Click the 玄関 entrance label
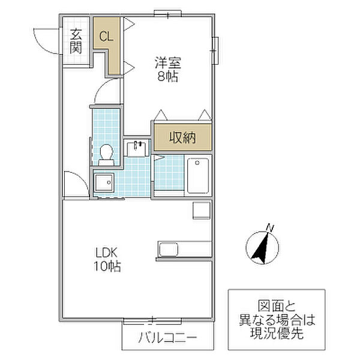pyautogui.click(x=75, y=41)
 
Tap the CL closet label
pyautogui.click(x=106, y=36)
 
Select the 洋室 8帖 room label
pyautogui.click(x=168, y=69)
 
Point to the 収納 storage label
pyautogui.click(x=182, y=138)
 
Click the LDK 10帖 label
pyautogui.click(x=106, y=259)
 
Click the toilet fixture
pyautogui.click(x=106, y=154)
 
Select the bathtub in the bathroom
pyautogui.click(x=197, y=175)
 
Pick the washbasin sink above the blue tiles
pyautogui.click(x=138, y=148)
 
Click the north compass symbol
pyautogui.click(x=261, y=245)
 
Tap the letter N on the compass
pyautogui.click(x=270, y=227)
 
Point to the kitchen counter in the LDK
pyautogui.click(x=184, y=249)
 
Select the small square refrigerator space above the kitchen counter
pyautogui.click(x=200, y=211)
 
